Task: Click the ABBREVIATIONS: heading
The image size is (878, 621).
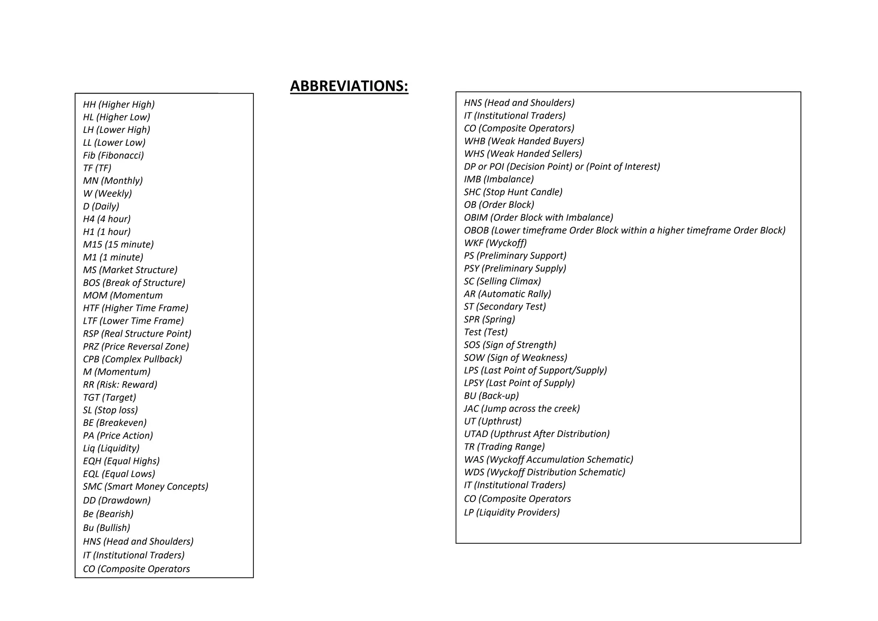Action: tap(349, 86)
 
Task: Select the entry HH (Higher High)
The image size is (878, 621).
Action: tap(119, 104)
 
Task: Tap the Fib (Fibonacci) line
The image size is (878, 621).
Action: tap(114, 155)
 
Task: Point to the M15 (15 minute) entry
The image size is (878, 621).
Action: tap(118, 244)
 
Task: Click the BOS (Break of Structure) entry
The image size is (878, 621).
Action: tap(134, 283)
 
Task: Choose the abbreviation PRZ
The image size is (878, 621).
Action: tap(91, 347)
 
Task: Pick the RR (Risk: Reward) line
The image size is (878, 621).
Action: tap(120, 385)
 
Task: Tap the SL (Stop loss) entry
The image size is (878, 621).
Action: tap(111, 410)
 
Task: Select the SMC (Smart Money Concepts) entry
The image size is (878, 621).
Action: tap(146, 486)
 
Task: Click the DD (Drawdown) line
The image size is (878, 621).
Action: tap(117, 500)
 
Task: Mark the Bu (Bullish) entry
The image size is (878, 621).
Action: tap(106, 528)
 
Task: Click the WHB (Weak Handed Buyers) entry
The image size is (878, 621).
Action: tap(524, 141)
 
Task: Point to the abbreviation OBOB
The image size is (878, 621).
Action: tap(476, 230)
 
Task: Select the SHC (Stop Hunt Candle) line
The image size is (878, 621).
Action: tap(513, 192)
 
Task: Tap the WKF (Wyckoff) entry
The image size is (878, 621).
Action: tap(495, 243)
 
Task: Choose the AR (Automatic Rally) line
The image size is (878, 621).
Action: tap(507, 294)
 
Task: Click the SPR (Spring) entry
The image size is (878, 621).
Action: tap(490, 319)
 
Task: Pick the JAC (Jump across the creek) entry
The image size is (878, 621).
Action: tap(522, 408)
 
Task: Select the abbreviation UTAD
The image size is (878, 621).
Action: tap(476, 434)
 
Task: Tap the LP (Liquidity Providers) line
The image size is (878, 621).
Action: tap(512, 512)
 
